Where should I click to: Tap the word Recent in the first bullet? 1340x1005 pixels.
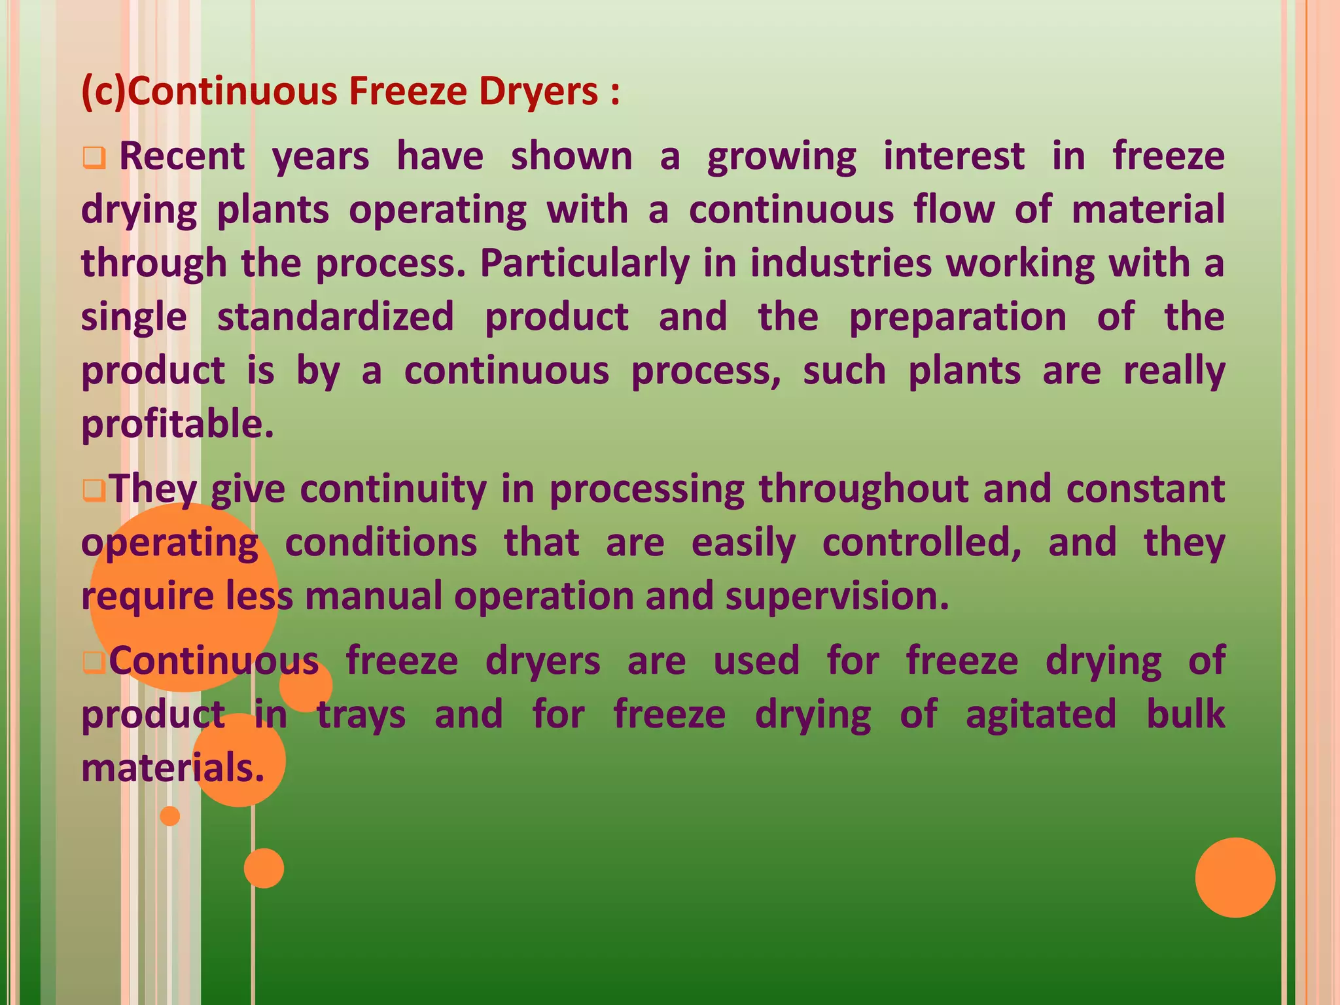(x=182, y=157)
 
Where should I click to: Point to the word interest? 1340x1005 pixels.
(x=954, y=157)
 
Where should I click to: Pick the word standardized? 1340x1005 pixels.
(x=335, y=317)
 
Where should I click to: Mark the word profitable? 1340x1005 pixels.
(x=177, y=425)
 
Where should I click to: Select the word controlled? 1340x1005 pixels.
(x=921, y=543)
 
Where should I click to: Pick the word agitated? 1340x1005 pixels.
(x=1041, y=714)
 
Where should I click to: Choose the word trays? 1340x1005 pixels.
(x=361, y=715)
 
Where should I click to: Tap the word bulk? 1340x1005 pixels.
(x=1186, y=714)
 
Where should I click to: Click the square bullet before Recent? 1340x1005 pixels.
(x=94, y=158)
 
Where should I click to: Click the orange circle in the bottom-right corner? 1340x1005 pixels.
(x=1235, y=877)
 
